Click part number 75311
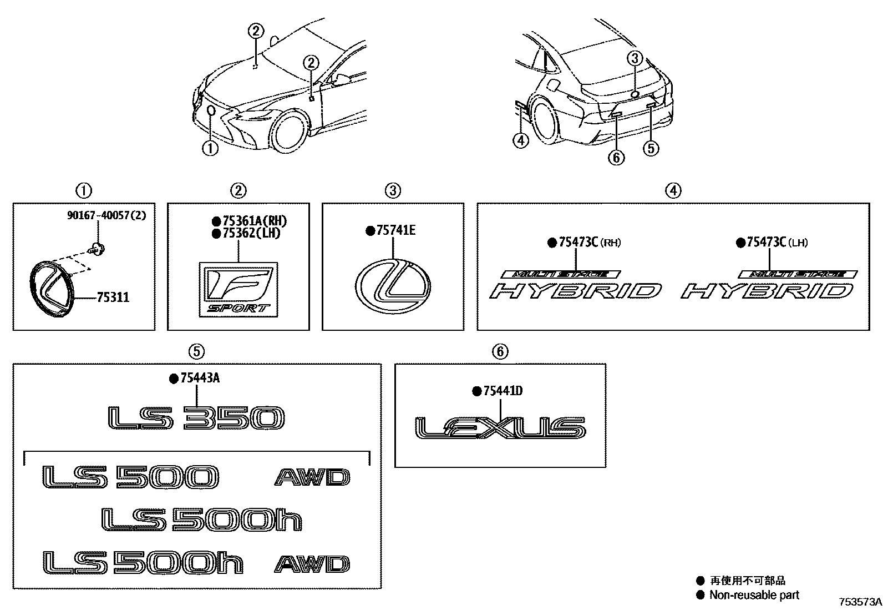113,298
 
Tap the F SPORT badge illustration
238,290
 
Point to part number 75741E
395,230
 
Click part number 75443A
199,378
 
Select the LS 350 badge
196,418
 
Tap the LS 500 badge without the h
130,477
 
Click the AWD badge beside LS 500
312,477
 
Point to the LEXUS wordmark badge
500,428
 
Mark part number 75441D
503,391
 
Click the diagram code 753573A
859,602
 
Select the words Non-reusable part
754,595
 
